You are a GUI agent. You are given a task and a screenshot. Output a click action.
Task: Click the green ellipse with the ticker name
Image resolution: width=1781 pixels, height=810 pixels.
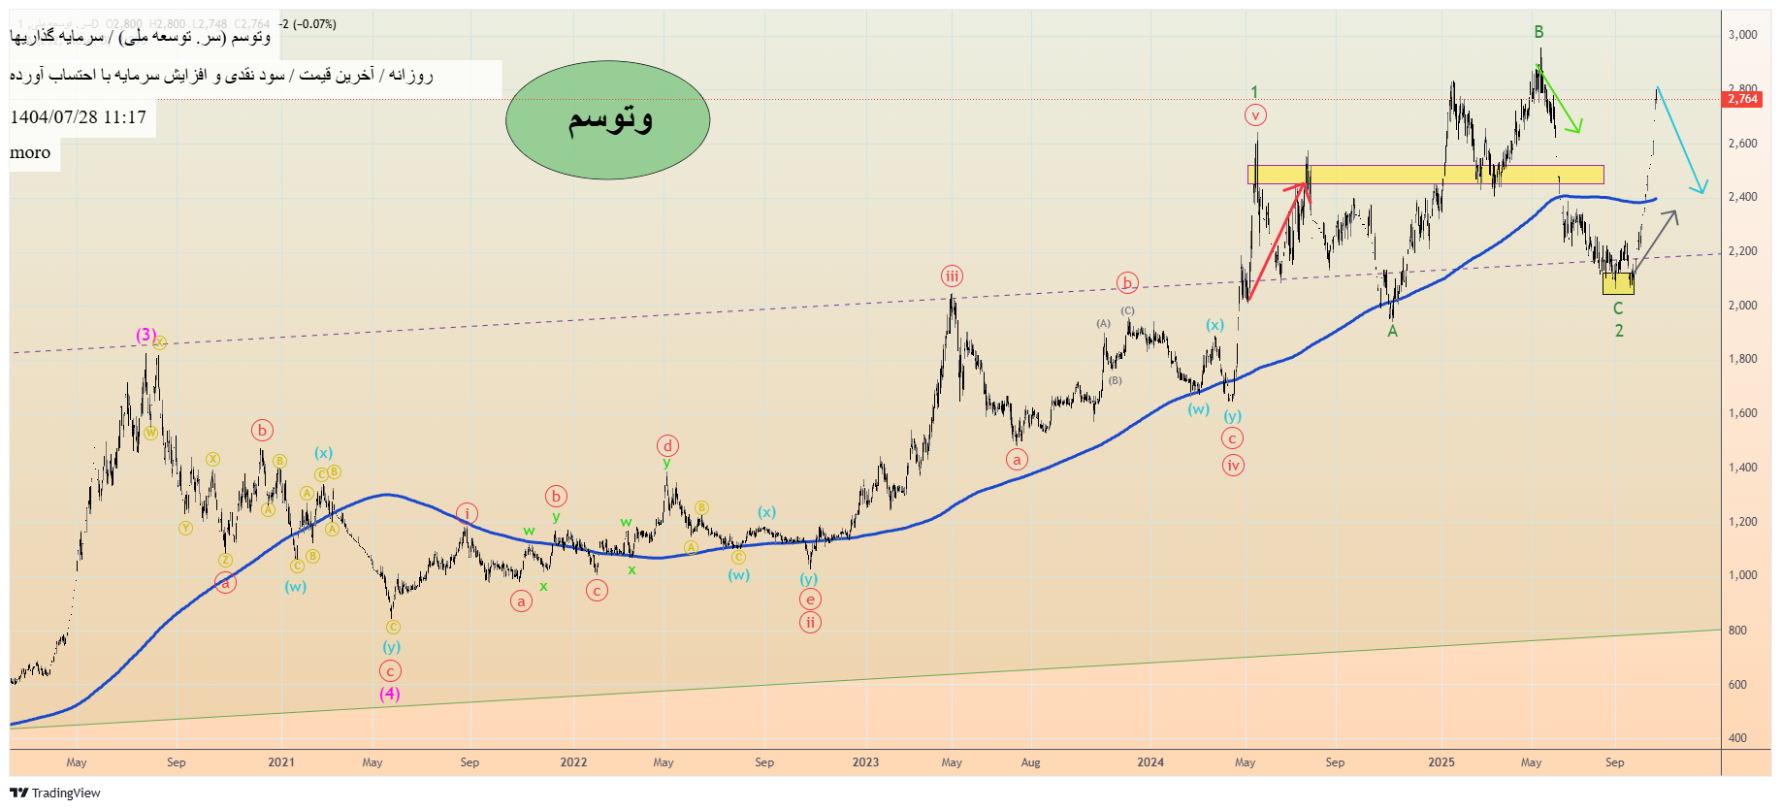click(608, 119)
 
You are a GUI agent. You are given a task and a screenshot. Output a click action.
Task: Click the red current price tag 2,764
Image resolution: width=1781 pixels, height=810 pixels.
click(1742, 99)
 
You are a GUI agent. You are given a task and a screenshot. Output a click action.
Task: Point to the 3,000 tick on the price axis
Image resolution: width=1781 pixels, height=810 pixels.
click(1742, 35)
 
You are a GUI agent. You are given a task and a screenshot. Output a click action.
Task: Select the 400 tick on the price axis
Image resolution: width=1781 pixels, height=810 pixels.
click(1737, 738)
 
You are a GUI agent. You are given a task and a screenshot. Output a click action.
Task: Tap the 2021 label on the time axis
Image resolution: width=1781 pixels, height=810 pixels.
click(281, 762)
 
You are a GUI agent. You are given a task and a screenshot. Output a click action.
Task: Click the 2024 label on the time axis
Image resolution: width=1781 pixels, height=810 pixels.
click(1150, 762)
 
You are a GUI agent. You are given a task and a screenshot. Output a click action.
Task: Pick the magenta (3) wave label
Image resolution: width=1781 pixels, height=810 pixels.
click(146, 335)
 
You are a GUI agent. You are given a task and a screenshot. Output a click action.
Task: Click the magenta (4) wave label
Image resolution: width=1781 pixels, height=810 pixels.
click(389, 694)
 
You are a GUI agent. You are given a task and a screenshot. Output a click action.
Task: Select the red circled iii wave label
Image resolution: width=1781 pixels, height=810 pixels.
click(952, 276)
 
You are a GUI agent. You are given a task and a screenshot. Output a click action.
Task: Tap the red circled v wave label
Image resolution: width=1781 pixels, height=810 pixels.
click(1255, 115)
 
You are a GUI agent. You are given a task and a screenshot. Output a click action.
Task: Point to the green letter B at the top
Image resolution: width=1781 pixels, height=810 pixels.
click(1538, 32)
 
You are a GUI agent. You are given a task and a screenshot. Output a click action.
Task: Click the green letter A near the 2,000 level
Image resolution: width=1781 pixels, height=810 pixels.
click(1392, 332)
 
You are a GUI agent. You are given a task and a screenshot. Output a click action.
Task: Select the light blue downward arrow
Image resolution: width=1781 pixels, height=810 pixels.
click(1680, 141)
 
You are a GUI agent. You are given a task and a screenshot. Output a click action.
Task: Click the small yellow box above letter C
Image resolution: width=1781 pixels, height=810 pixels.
click(1618, 283)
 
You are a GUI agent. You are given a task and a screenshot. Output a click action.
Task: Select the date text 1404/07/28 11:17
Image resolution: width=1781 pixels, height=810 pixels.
click(79, 117)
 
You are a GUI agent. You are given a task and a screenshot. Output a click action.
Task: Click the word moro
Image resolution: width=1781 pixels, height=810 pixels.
click(30, 153)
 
